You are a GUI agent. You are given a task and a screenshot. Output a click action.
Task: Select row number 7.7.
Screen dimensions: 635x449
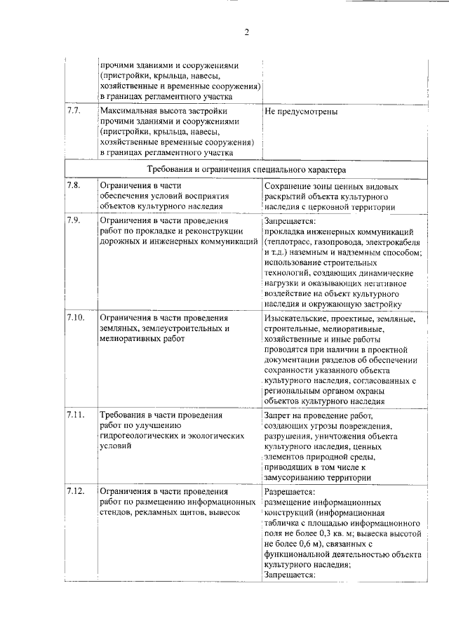(74, 111)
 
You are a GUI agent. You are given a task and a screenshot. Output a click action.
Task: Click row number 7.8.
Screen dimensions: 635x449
(74, 185)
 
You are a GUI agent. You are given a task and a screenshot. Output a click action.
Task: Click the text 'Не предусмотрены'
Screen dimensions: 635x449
(302, 112)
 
